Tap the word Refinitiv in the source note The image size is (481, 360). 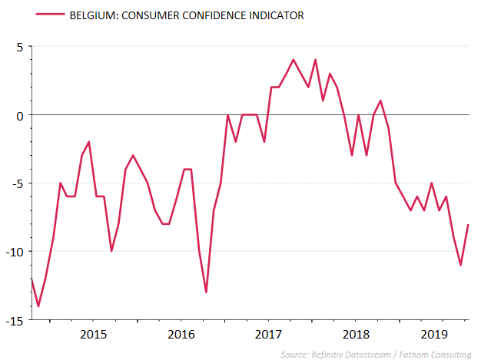click(x=330, y=354)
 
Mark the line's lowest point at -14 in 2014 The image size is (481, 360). click(x=38, y=306)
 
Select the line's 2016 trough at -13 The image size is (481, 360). click(x=206, y=292)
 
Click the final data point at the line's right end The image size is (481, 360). click(x=468, y=224)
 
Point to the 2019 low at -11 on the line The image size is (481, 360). click(x=460, y=265)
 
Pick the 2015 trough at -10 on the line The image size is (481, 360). click(x=111, y=251)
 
